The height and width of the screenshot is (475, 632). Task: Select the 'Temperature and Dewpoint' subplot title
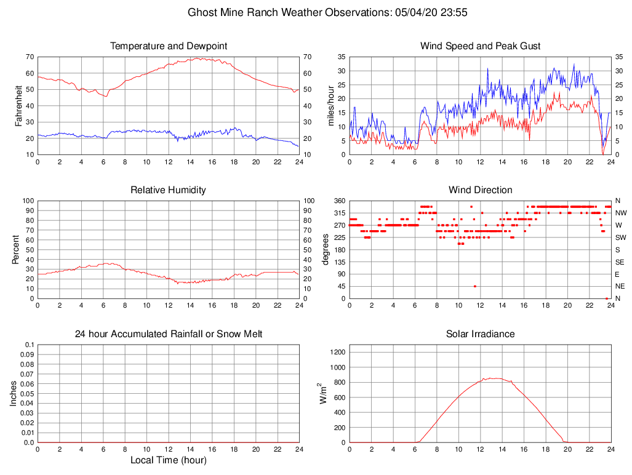(x=169, y=46)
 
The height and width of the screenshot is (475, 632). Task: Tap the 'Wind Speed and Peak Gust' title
(x=480, y=46)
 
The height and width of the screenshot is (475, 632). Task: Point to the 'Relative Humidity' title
(x=169, y=190)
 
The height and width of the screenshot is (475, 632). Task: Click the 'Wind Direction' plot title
(x=480, y=190)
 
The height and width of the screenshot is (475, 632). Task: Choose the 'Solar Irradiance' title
(x=480, y=334)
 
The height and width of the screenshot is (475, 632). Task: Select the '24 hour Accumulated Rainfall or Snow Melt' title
(x=169, y=334)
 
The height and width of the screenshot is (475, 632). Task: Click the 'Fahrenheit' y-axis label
(x=18, y=105)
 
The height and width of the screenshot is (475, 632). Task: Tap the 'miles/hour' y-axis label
(x=331, y=105)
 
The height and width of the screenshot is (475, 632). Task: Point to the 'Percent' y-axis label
(x=16, y=249)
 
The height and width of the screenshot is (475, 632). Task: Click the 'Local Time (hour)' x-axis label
(x=169, y=460)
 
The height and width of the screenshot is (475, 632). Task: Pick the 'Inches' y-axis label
(x=14, y=393)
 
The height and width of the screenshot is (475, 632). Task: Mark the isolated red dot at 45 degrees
(x=474, y=286)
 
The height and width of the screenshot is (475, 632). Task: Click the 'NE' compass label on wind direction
(x=620, y=286)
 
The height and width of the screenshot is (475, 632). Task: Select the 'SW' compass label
(x=620, y=237)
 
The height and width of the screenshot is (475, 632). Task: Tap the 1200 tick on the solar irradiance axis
(x=337, y=353)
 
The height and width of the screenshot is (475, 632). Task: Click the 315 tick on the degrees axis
(x=338, y=213)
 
